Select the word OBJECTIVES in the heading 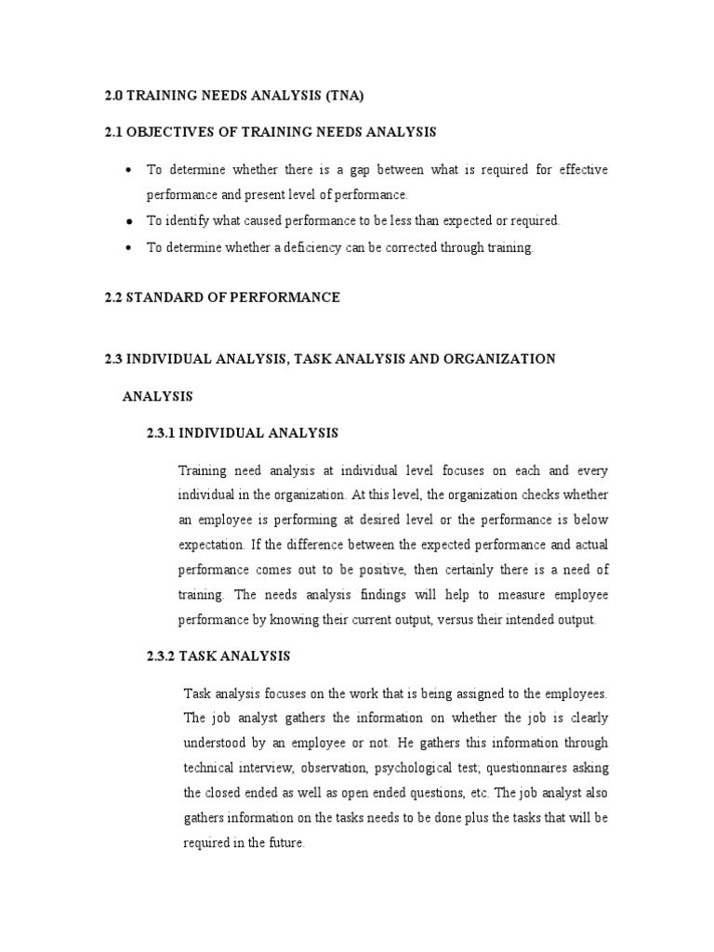(175, 133)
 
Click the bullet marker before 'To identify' (127, 221)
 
